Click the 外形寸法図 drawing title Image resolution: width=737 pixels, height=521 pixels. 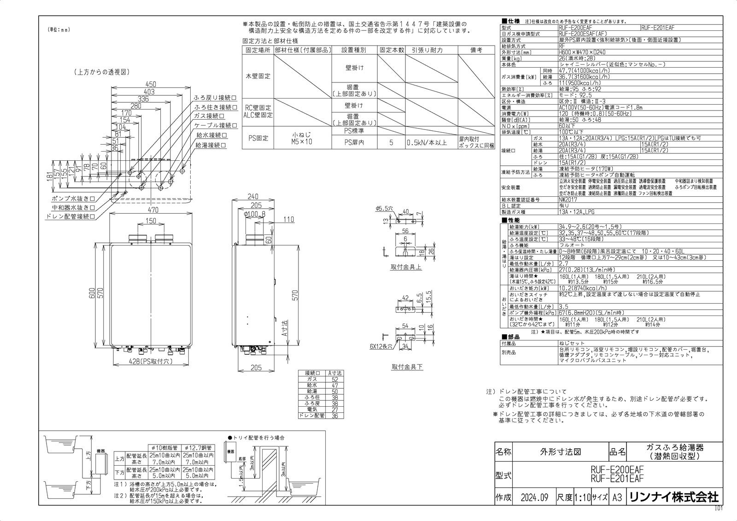[560, 451]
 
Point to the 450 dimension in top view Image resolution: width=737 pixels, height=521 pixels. [151, 84]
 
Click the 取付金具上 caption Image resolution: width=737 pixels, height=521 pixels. [406, 267]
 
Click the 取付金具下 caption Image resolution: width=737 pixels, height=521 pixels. [407, 367]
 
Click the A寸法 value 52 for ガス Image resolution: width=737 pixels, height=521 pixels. [334, 379]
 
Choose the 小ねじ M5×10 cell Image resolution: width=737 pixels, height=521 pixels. [302, 138]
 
